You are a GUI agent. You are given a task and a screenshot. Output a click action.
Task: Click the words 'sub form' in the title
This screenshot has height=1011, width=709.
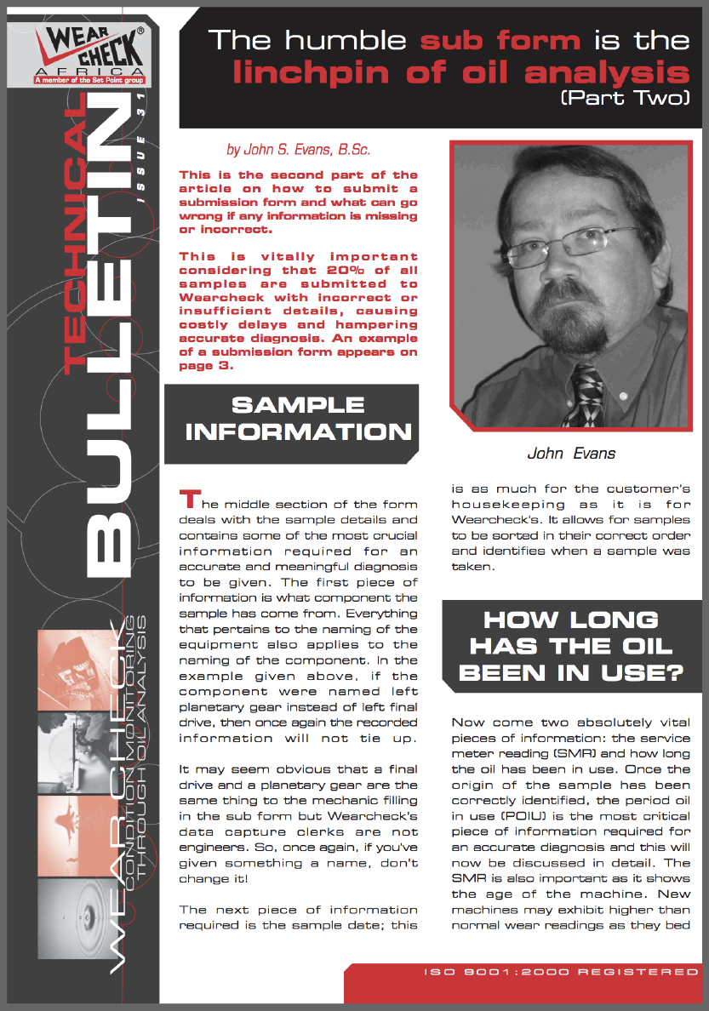(501, 40)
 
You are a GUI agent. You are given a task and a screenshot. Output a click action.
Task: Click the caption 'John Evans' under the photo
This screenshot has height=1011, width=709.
(571, 453)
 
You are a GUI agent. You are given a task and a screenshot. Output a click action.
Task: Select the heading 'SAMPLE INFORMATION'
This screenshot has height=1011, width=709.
(298, 418)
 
